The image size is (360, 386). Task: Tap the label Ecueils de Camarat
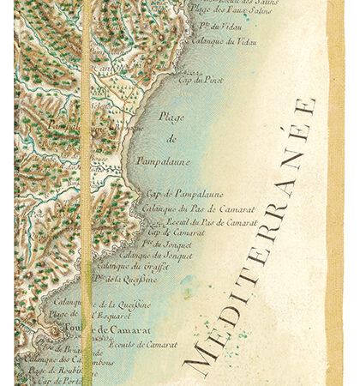[143, 345]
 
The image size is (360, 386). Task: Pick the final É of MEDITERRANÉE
[303, 108]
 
